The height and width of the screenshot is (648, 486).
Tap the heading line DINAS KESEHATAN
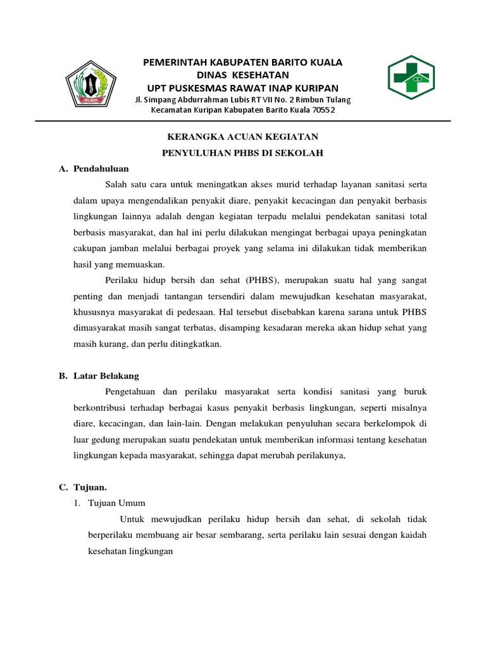tap(243, 75)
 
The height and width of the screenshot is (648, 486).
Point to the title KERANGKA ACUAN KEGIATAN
tap(242, 137)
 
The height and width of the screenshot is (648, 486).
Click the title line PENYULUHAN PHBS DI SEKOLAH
tap(242, 153)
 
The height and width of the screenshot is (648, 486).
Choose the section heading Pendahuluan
tap(101, 169)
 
